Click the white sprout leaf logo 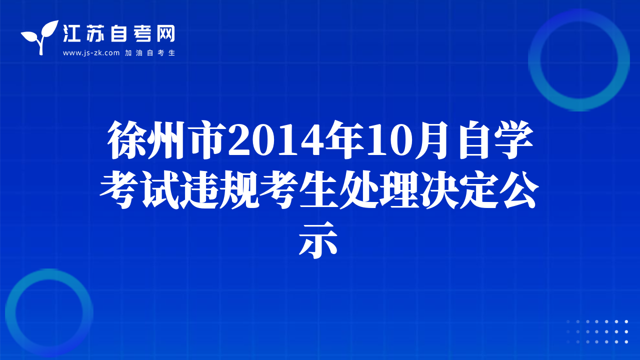point(40,37)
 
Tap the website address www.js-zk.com point(91,53)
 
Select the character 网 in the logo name point(166,33)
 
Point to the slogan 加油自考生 point(150,53)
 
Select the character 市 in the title point(207,140)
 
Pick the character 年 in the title point(345,140)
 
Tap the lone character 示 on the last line point(318,240)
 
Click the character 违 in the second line point(199,190)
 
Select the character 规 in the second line point(239,190)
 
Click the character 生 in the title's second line point(318,190)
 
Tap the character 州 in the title point(167,140)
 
